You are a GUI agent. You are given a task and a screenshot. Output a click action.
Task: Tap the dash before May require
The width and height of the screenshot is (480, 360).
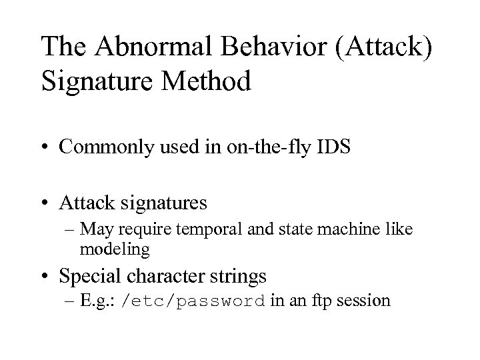point(68,230)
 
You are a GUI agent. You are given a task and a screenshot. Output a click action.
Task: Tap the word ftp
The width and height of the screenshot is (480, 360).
point(317,301)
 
